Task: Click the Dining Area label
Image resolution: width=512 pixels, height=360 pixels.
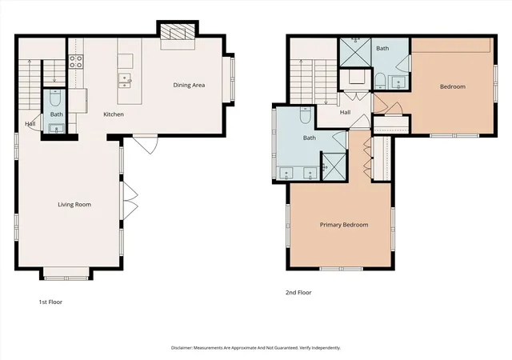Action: (x=189, y=86)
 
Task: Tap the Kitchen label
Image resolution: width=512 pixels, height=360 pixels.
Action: (x=114, y=114)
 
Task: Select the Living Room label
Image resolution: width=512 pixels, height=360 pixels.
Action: (x=74, y=205)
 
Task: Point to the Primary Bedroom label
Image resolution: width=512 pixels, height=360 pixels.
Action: (x=344, y=225)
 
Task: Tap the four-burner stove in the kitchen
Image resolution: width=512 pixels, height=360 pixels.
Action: (x=76, y=62)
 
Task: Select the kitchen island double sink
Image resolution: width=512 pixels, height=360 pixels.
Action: (x=126, y=81)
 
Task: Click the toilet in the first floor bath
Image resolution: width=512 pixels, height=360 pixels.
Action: (x=55, y=98)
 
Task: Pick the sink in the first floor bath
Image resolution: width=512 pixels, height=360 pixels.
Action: (x=57, y=129)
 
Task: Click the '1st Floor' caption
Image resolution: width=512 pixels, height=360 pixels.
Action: (x=50, y=302)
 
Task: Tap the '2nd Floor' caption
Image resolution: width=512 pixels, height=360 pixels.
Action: (x=298, y=293)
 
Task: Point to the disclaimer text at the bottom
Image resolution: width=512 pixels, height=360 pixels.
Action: (x=256, y=348)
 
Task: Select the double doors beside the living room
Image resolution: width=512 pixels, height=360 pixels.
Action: (x=130, y=201)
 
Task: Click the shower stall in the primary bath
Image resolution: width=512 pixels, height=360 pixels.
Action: (x=334, y=166)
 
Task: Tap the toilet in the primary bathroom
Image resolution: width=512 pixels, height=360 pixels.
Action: (x=305, y=115)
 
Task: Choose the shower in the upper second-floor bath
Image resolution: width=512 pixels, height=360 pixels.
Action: (x=355, y=52)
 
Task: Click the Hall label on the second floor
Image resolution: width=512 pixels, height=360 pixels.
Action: (x=345, y=112)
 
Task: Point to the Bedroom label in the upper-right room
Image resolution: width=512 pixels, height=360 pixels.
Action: (x=453, y=86)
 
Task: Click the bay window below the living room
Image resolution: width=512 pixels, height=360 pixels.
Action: (x=66, y=274)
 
